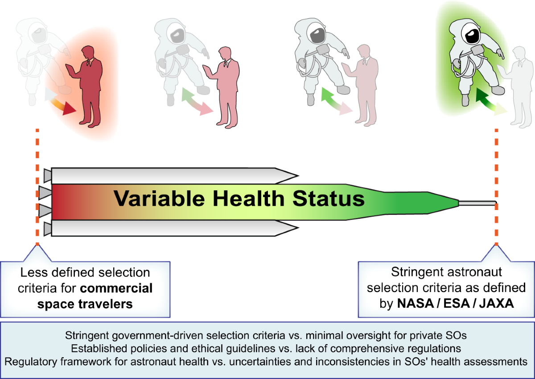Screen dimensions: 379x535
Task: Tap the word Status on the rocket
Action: click(x=329, y=198)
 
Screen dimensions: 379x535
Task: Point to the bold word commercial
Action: click(x=116, y=288)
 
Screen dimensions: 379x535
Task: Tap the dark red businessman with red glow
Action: click(x=91, y=85)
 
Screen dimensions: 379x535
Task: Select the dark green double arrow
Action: click(x=486, y=100)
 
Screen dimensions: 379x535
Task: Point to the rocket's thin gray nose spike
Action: click(x=477, y=203)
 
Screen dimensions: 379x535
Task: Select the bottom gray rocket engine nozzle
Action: click(x=47, y=229)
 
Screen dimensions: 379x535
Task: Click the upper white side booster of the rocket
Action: click(x=174, y=175)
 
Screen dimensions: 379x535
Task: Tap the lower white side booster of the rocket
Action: click(x=174, y=228)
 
